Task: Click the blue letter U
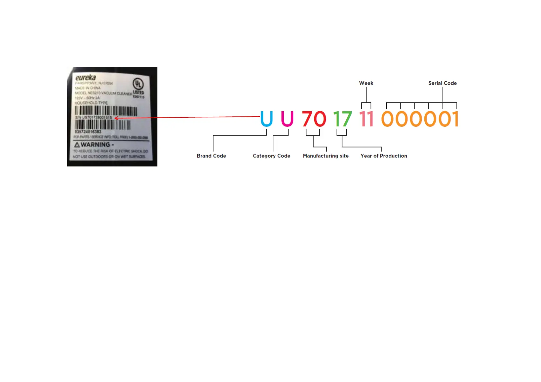coord(266,119)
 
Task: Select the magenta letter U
coord(287,119)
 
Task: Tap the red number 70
coord(314,119)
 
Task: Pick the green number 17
coord(342,119)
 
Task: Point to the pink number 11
coord(366,119)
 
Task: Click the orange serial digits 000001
coord(420,119)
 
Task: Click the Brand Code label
coord(211,156)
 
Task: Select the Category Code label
coord(271,156)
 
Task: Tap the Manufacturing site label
coord(326,156)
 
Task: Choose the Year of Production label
coord(384,156)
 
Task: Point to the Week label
coord(366,83)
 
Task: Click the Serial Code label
coord(442,83)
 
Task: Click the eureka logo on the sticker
coord(85,78)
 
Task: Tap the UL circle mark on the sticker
coord(138,84)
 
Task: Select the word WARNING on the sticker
coord(95,145)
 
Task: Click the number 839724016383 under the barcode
coord(88,132)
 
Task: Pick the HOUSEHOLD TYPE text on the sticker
coord(91,103)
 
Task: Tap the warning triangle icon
coord(77,145)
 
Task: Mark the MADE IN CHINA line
coord(88,88)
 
